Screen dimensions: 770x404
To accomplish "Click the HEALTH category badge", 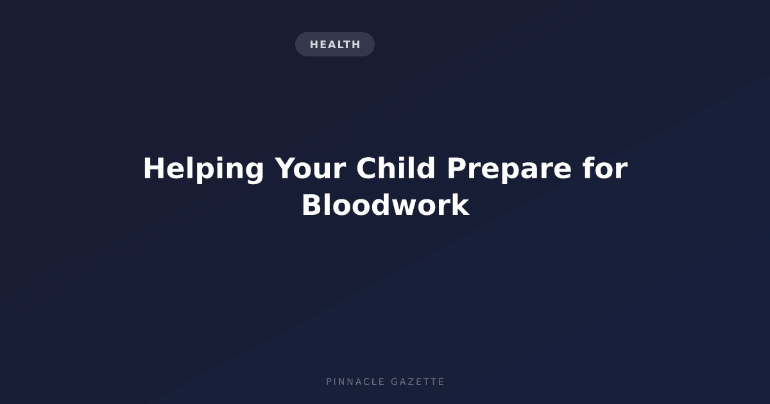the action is (x=335, y=44).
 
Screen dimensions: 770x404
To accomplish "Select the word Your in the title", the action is (x=310, y=168).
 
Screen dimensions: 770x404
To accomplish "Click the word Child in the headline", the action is (x=396, y=167).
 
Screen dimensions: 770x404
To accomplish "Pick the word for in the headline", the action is (x=605, y=167).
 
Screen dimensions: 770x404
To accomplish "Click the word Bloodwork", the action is (x=386, y=205).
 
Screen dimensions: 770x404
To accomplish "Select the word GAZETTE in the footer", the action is (x=418, y=382).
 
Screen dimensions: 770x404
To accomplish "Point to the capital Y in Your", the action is (x=286, y=168).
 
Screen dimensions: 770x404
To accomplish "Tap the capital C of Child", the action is (x=367, y=168).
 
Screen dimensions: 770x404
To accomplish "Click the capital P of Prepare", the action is (x=456, y=168).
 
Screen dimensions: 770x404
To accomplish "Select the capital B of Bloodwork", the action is (x=312, y=205).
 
